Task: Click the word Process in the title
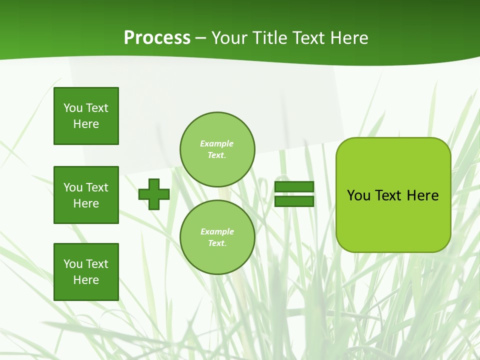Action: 157,38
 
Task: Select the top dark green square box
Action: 86,116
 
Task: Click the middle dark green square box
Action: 86,195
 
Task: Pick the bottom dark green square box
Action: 86,272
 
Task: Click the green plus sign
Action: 154,194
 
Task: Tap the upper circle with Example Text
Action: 217,149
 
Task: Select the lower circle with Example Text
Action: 217,237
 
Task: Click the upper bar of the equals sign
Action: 294,187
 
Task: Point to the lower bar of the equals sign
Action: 294,201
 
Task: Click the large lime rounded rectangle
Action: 393,220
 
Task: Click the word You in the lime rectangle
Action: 358,195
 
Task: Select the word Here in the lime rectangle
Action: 422,195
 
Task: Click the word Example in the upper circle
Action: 217,143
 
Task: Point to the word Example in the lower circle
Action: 217,231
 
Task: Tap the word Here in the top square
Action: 86,124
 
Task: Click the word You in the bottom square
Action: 73,264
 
